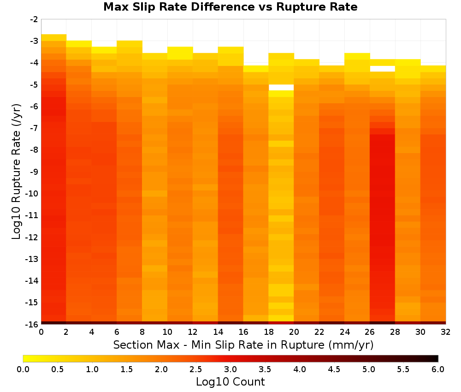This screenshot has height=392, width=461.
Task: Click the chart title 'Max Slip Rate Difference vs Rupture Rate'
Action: point(230,7)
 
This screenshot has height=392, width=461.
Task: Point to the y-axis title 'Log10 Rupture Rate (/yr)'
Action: point(17,172)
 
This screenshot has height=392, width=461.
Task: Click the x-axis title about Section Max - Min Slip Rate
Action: point(243,345)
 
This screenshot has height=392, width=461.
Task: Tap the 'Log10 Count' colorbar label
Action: point(230,382)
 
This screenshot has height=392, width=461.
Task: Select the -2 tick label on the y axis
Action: point(34,19)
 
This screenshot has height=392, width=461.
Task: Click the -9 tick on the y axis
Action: point(34,172)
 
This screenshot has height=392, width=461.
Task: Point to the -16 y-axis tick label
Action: point(32,324)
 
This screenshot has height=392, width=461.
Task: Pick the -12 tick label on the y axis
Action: point(32,237)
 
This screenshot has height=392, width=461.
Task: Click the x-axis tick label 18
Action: point(268,332)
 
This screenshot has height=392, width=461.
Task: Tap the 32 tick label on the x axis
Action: point(445,332)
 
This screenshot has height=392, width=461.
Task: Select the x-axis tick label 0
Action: point(41,332)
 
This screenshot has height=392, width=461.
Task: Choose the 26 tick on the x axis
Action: point(370,332)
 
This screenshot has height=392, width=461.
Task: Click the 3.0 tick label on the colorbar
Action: point(230,369)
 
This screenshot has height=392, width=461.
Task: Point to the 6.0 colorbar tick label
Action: point(438,369)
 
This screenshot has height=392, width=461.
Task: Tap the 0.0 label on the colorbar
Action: point(23,369)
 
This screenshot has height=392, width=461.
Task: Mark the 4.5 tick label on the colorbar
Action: point(334,369)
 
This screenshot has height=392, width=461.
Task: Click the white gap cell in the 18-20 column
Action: point(281,87)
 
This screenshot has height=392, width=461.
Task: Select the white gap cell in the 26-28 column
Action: point(382,69)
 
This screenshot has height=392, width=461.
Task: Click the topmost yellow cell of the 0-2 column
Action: point(54,37)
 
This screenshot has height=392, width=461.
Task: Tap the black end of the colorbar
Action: point(435,358)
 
